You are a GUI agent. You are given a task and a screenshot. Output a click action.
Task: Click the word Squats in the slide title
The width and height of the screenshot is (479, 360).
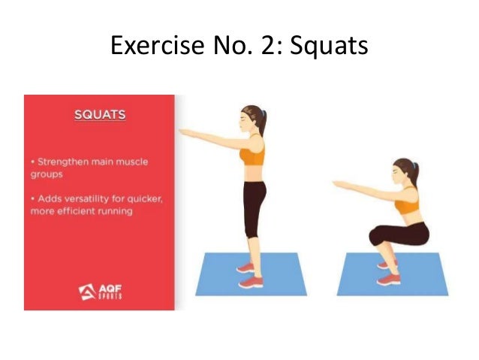click(x=330, y=47)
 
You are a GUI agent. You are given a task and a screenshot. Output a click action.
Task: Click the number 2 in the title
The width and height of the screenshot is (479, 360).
click(x=271, y=47)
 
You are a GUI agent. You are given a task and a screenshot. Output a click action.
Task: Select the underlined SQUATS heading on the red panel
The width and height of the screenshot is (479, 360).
click(x=99, y=116)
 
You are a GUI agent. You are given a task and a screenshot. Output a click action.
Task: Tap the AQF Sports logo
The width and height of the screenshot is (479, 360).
click(x=99, y=291)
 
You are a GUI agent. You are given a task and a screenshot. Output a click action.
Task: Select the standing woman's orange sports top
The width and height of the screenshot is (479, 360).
click(x=252, y=157)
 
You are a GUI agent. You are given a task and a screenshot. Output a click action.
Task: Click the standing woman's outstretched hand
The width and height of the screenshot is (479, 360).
click(x=185, y=132)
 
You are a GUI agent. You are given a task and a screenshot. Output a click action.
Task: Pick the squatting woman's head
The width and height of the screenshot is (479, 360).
click(x=403, y=172)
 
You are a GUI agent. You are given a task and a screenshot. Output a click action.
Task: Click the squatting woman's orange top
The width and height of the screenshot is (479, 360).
click(x=406, y=204)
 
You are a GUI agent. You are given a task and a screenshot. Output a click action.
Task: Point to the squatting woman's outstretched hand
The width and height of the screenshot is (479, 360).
click(x=339, y=183)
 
